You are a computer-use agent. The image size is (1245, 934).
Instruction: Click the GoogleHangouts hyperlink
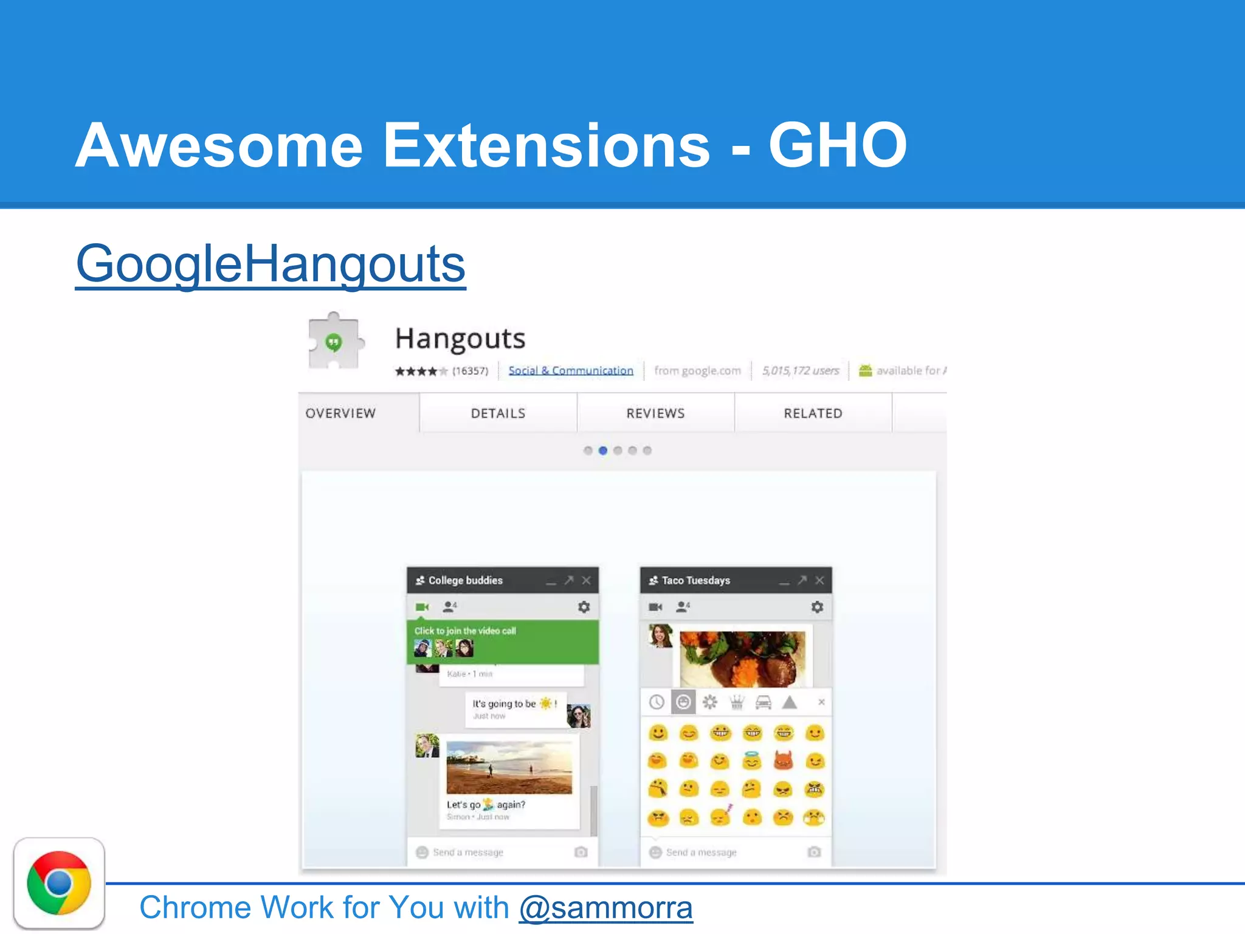(271, 264)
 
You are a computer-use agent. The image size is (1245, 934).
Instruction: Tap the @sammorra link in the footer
(605, 907)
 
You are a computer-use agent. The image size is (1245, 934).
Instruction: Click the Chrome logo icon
(59, 883)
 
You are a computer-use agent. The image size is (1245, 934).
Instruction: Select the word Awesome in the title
(219, 145)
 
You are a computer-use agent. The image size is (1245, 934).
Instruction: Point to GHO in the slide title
(837, 145)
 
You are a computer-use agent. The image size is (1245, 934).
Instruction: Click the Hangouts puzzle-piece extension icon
(334, 341)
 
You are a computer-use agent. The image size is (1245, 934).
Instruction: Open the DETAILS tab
(498, 413)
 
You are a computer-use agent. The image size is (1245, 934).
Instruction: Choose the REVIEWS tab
(655, 413)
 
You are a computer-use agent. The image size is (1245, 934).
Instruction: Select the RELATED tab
(813, 413)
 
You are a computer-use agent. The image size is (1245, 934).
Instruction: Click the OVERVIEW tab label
(340, 413)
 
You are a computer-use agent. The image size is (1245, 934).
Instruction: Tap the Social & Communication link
(570, 370)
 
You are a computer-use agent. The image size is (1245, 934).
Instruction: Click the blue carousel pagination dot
(603, 451)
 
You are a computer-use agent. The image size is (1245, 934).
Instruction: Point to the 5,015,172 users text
(800, 370)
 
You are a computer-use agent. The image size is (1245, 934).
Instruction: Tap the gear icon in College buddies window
(584, 607)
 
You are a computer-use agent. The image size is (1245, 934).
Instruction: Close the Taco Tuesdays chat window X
(819, 580)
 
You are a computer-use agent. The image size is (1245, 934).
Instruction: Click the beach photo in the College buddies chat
(509, 767)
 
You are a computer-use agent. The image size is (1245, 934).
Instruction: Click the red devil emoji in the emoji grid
(783, 761)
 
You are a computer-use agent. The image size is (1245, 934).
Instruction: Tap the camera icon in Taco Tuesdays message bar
(814, 852)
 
